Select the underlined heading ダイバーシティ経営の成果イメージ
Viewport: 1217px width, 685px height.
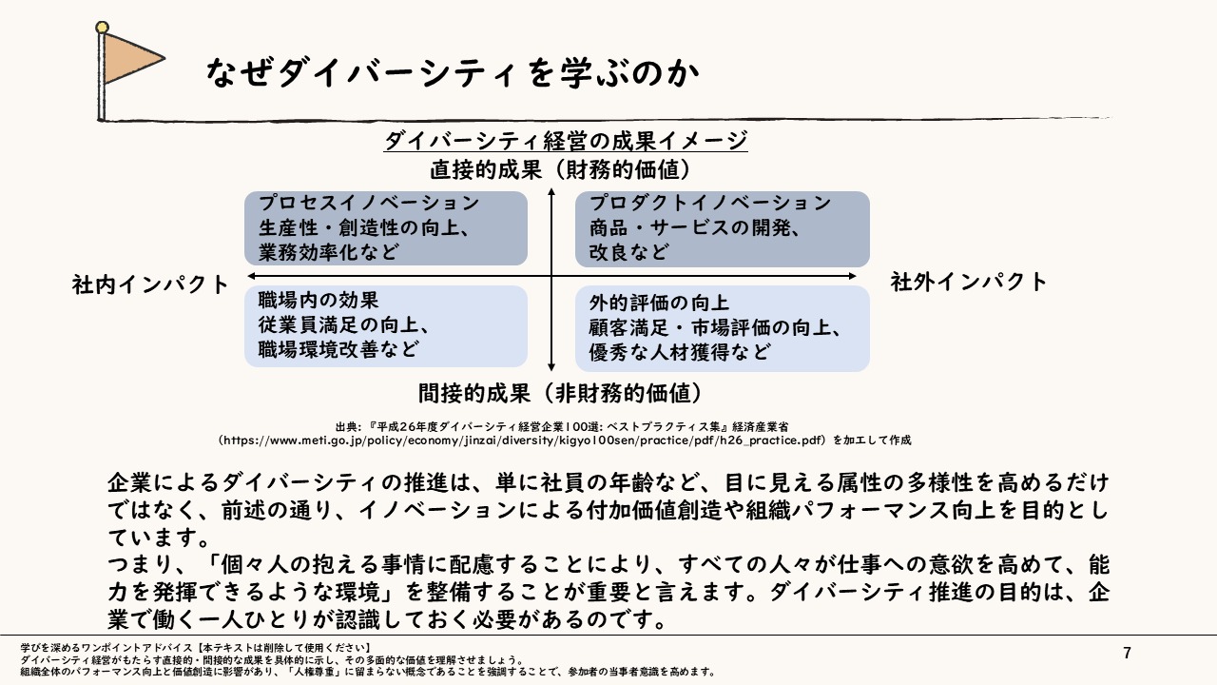point(566,141)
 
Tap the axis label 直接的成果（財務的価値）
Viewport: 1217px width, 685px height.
point(560,170)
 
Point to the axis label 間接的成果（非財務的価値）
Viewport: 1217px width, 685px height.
point(560,392)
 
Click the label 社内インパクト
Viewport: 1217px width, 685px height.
point(151,284)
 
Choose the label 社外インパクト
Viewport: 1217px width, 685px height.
point(969,282)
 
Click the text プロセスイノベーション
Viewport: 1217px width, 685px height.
point(369,204)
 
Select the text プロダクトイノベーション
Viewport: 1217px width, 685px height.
point(710,204)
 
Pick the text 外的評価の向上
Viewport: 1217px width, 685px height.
point(659,303)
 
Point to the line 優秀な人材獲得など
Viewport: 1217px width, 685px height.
point(679,352)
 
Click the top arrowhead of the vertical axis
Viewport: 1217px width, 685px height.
point(551,194)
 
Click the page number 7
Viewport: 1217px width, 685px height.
point(1128,653)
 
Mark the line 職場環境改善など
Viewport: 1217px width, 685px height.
point(338,349)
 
